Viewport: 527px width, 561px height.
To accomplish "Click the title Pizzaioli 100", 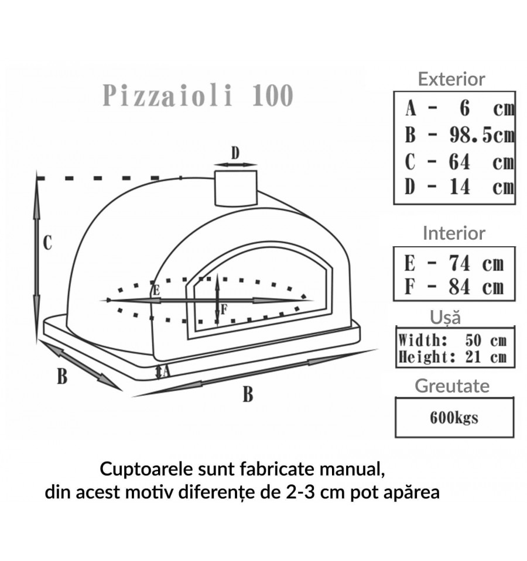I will pyautogui.click(x=197, y=95).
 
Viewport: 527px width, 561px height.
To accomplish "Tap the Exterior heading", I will pyautogui.click(x=451, y=79).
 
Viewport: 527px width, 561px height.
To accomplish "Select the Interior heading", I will pyautogui.click(x=454, y=233).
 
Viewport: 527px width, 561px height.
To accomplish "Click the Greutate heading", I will pyautogui.click(x=451, y=386).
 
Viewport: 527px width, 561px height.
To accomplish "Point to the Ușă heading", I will pyautogui.click(x=445, y=318).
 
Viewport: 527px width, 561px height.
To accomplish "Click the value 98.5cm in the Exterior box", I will pyautogui.click(x=481, y=135).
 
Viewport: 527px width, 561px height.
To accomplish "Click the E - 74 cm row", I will pyautogui.click(x=454, y=263).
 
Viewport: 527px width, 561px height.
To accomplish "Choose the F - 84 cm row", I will pyautogui.click(x=454, y=287).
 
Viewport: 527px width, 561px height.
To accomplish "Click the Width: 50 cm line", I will pyautogui.click(x=451, y=340).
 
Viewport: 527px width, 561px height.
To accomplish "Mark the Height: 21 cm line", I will pyautogui.click(x=451, y=356).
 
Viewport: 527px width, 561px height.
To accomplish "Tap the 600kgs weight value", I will pyautogui.click(x=454, y=418).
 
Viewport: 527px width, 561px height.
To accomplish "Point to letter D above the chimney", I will pyautogui.click(x=235, y=153).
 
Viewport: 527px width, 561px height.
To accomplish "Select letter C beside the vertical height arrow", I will pyautogui.click(x=48, y=242).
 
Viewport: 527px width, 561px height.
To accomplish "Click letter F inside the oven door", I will pyautogui.click(x=224, y=308).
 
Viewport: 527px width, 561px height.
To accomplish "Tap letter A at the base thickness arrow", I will pyautogui.click(x=166, y=370).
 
